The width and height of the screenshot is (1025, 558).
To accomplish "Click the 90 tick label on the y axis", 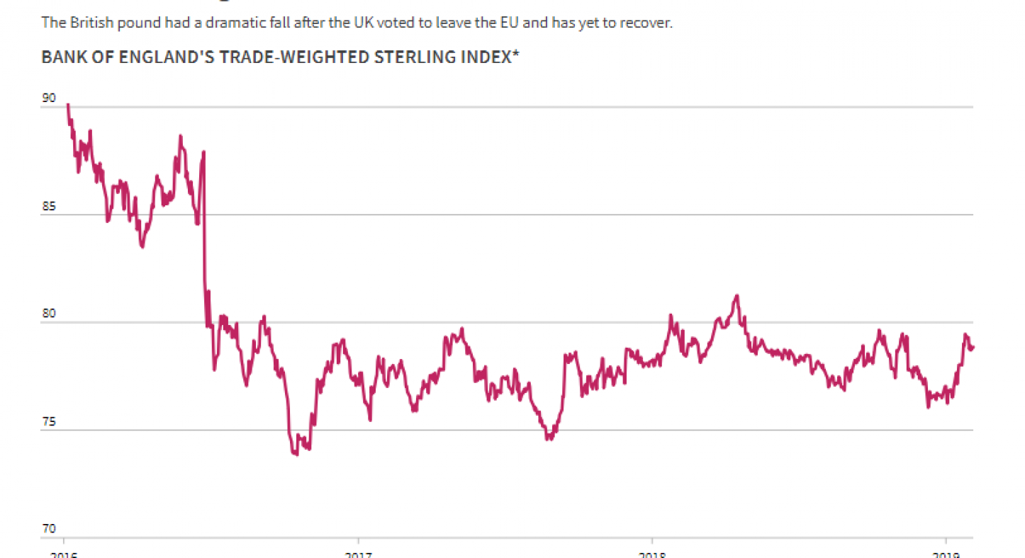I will tap(48, 98).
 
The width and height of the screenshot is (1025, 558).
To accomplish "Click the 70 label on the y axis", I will tap(48, 529).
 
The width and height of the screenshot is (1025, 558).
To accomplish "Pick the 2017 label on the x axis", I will tap(359, 554).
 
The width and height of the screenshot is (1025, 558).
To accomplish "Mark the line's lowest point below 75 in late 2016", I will tap(296, 454).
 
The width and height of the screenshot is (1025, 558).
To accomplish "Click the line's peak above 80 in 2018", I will tap(737, 295).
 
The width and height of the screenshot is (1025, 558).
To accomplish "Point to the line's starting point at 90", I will tap(67, 105).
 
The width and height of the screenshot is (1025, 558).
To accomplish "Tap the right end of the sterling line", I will tap(973, 347).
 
